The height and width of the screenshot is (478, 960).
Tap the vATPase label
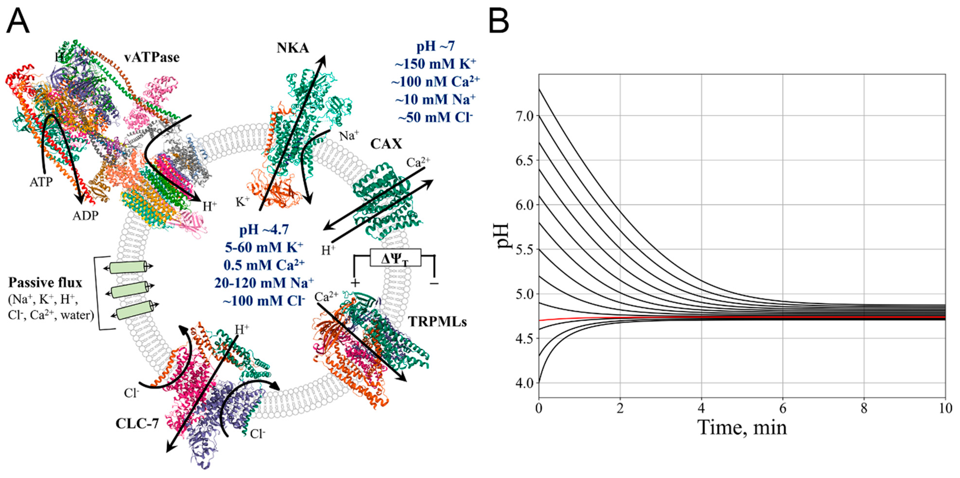[x=152, y=57]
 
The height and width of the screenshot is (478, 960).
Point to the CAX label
[x=386, y=144]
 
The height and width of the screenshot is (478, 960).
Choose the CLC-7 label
[x=137, y=424]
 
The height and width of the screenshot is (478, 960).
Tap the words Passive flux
[x=45, y=283]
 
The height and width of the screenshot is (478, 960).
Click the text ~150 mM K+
[x=435, y=64]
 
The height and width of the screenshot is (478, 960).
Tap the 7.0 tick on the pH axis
[x=525, y=116]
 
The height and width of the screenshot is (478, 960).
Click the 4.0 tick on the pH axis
[x=525, y=383]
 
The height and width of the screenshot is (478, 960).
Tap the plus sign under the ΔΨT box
[x=355, y=283]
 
